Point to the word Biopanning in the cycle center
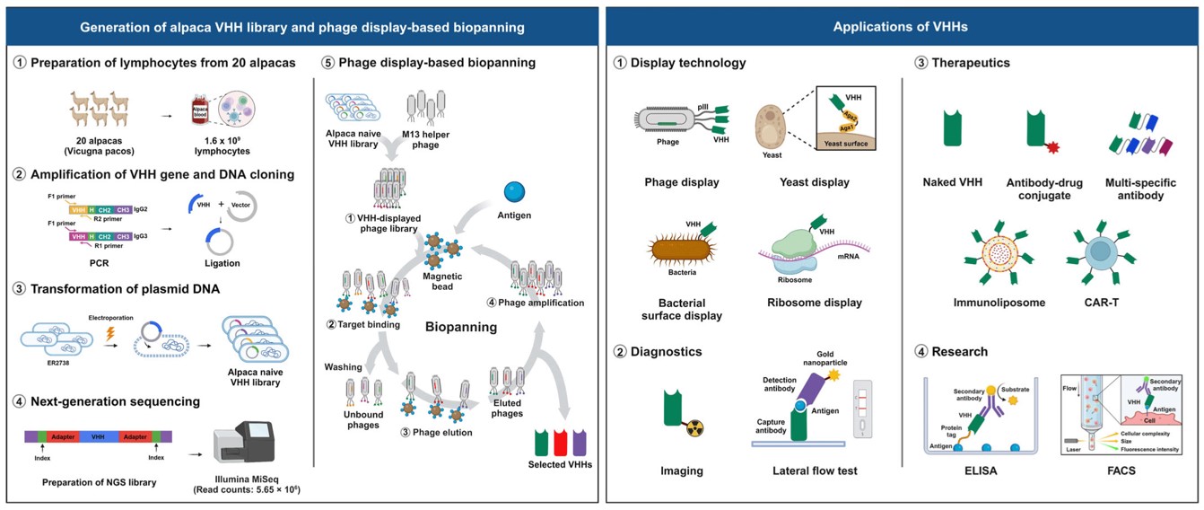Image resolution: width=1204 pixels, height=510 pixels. tap(461, 327)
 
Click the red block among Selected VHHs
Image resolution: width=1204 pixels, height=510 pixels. tap(560, 443)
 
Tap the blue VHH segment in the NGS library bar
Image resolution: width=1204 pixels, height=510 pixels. tap(99, 435)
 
